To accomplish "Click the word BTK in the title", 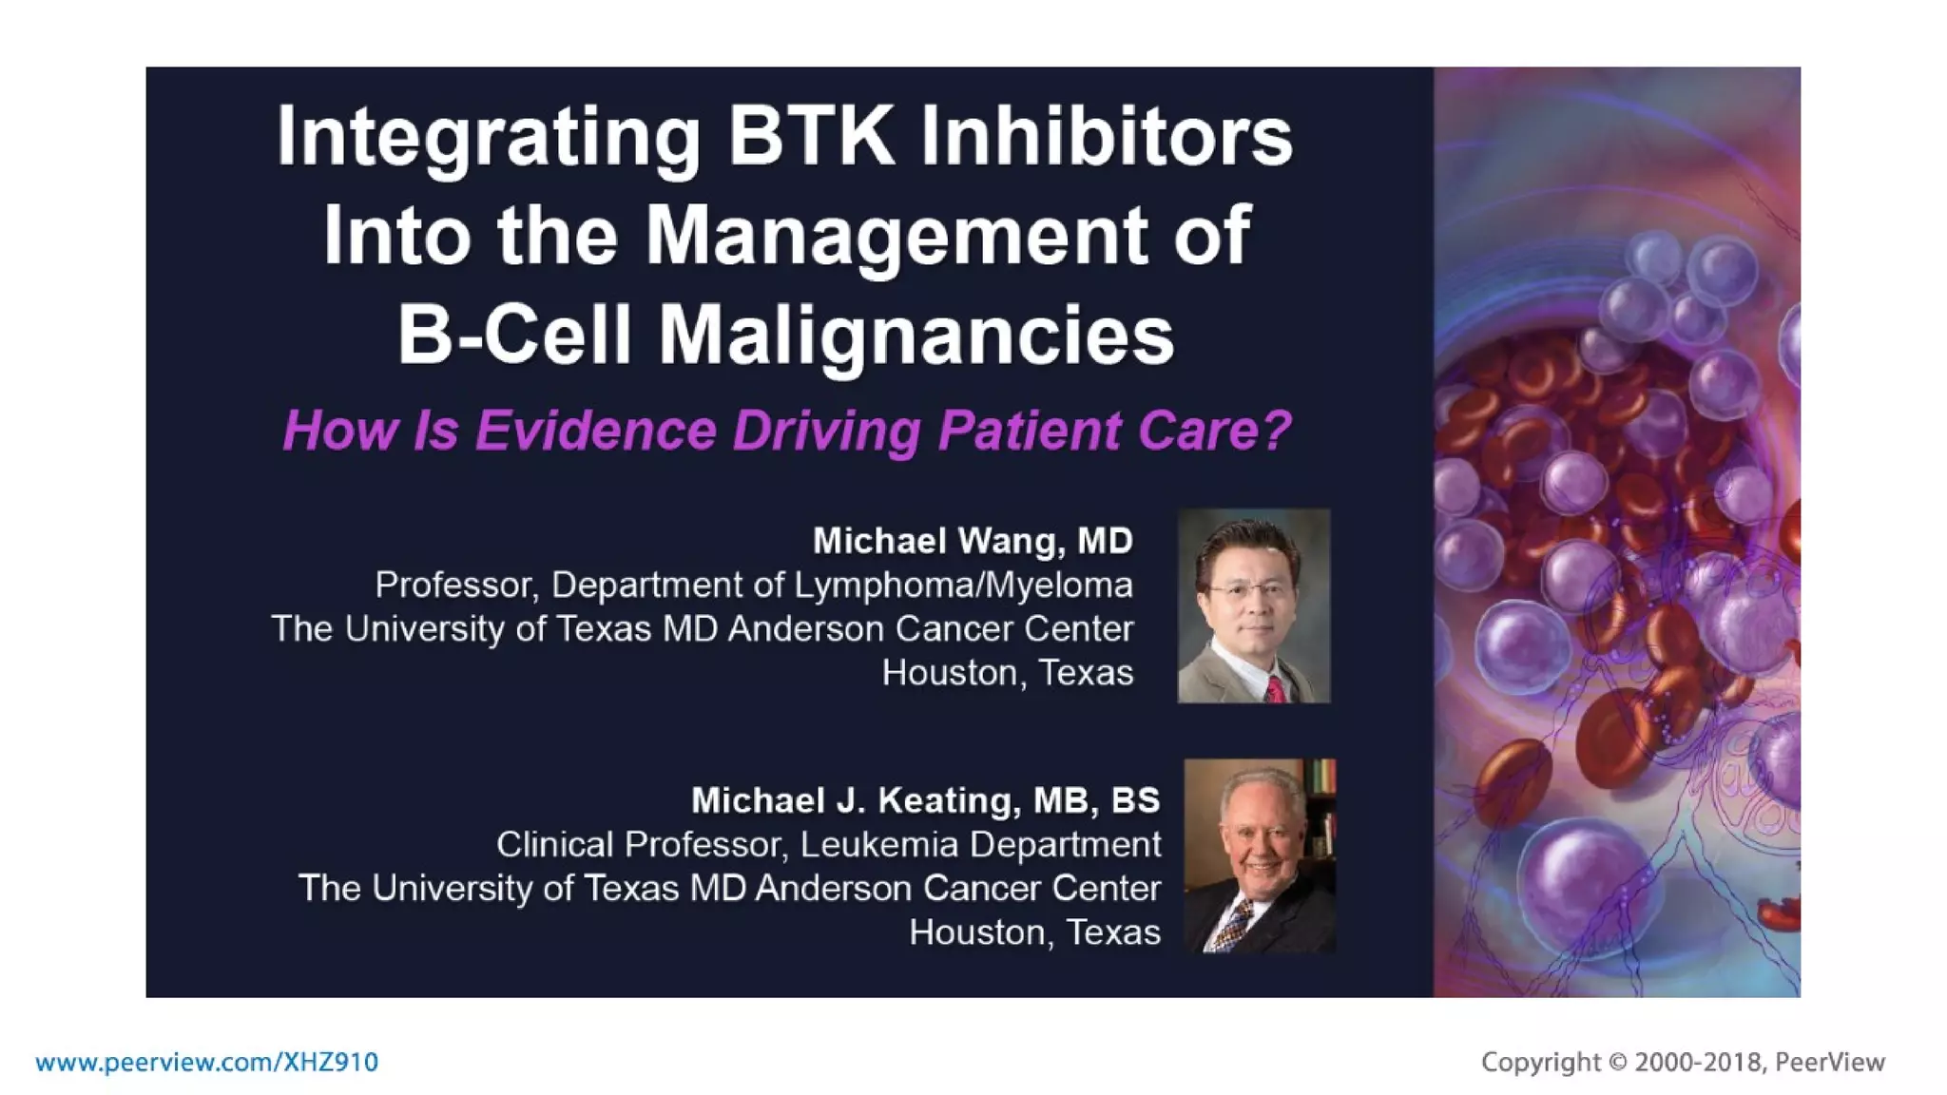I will [810, 137].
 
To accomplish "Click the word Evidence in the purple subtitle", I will [595, 431].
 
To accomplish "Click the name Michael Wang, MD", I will [973, 541].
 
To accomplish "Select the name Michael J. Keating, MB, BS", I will [925, 800].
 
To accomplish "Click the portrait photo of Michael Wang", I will [1253, 605].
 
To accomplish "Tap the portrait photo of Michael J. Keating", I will [1260, 855].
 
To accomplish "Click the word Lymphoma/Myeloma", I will [963, 585].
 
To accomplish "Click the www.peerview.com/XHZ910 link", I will [206, 1062].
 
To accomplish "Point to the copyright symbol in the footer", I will [1618, 1062].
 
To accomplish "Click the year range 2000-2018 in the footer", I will [1697, 1062].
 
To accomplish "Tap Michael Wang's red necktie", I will [1274, 688].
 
